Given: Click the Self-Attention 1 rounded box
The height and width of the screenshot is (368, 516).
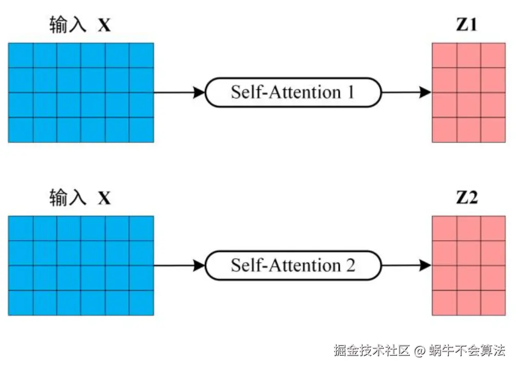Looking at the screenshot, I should [x=293, y=92].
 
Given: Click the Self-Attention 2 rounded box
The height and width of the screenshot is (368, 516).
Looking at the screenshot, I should [x=293, y=265].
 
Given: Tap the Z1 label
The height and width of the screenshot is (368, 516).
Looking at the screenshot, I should [x=466, y=25].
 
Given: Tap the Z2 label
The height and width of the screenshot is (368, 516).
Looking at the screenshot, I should [x=467, y=198].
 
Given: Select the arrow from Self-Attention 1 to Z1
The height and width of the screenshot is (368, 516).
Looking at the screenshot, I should [x=407, y=92].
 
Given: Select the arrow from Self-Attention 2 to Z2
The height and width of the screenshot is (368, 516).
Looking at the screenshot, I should [x=407, y=265].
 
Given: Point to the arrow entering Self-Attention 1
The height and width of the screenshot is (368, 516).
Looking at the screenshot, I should [x=179, y=92].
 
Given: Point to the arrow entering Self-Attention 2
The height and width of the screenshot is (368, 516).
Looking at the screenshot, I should [x=179, y=265].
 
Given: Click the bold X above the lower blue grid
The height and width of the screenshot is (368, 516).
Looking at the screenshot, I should [x=104, y=198].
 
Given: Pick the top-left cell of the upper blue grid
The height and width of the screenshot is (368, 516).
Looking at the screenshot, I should [x=21, y=55].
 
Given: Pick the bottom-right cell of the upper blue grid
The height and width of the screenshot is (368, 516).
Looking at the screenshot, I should [x=141, y=130].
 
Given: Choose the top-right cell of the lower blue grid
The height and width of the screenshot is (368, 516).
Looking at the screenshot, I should [x=141, y=228].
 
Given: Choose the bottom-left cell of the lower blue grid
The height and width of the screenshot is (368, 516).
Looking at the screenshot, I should [x=21, y=303].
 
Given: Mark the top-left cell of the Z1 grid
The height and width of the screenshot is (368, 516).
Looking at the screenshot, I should [x=444, y=55].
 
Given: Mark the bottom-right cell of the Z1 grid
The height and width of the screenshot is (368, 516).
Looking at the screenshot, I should [x=493, y=130].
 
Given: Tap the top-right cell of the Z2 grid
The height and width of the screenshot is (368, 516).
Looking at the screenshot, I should [x=493, y=228].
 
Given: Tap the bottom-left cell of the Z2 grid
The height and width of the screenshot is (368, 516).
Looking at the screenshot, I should [x=444, y=303].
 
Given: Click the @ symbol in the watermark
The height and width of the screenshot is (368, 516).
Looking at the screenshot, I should [x=420, y=351].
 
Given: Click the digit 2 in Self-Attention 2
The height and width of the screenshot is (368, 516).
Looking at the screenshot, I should [x=350, y=265].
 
